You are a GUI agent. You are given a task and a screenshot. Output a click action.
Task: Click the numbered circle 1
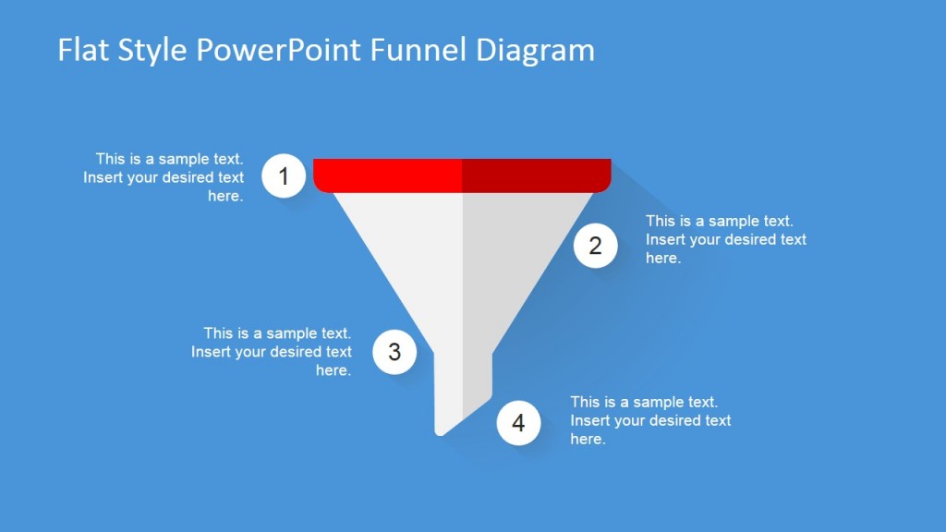(x=285, y=175)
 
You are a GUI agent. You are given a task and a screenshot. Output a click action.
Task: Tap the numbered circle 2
(x=595, y=246)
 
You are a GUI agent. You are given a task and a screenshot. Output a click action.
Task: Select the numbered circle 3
(x=394, y=352)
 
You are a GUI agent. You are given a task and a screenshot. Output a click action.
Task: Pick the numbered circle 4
(x=518, y=423)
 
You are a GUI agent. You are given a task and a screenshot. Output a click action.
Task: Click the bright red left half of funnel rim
(x=388, y=175)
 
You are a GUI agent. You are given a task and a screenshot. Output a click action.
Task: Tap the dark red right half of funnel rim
(x=536, y=175)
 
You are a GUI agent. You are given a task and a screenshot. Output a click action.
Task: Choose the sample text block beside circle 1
(x=164, y=177)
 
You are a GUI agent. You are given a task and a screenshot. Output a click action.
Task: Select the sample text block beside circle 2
(x=725, y=240)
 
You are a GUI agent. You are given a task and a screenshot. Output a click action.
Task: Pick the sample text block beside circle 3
(x=273, y=352)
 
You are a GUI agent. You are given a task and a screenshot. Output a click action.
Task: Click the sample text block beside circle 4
(x=650, y=420)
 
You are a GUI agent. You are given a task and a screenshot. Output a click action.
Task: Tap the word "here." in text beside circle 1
(x=225, y=197)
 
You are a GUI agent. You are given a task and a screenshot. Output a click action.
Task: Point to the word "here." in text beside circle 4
(x=588, y=440)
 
